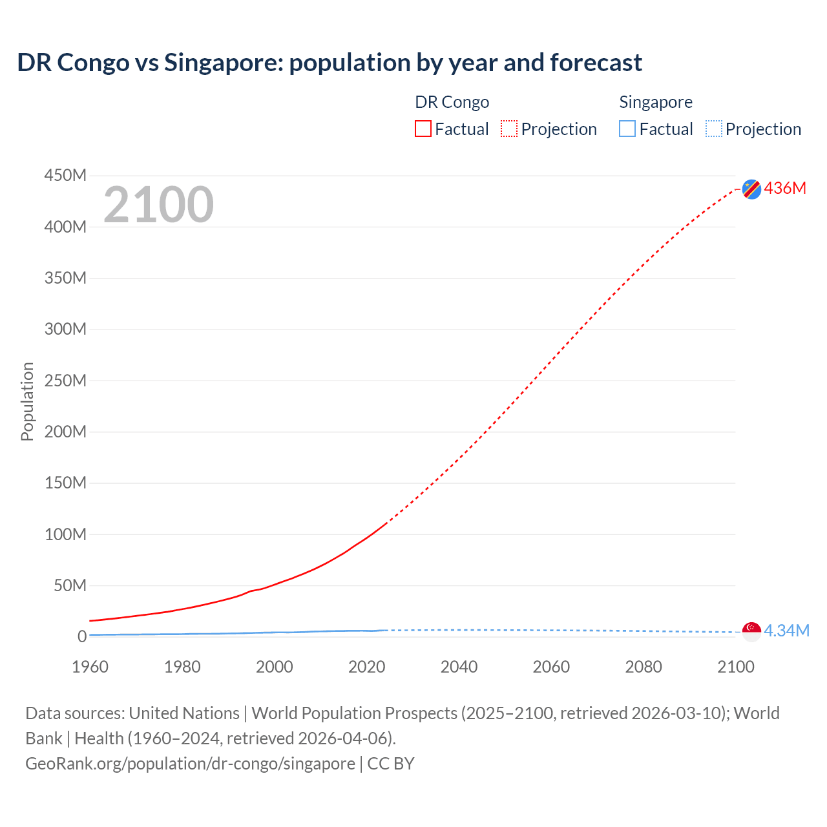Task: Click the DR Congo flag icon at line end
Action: click(x=751, y=189)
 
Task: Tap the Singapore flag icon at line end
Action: click(x=751, y=631)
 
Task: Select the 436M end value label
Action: click(x=785, y=188)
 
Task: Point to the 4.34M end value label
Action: click(x=786, y=631)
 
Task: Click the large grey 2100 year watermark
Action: click(x=158, y=205)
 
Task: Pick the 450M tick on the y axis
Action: click(x=65, y=175)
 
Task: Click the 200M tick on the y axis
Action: click(x=65, y=432)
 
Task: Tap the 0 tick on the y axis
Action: click(x=81, y=636)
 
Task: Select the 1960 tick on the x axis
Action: click(x=90, y=667)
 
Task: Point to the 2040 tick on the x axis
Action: click(x=459, y=667)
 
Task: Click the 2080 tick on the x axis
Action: click(x=643, y=667)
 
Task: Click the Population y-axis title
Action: click(x=27, y=401)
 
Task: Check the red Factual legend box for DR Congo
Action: click(x=423, y=129)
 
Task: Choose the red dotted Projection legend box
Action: click(x=509, y=129)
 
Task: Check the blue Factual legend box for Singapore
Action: click(x=627, y=129)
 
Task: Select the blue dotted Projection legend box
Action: click(x=713, y=129)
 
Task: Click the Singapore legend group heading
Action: click(x=655, y=102)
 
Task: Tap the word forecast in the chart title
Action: click(x=596, y=63)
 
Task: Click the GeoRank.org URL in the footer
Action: click(x=190, y=763)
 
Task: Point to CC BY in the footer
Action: click(x=390, y=763)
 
